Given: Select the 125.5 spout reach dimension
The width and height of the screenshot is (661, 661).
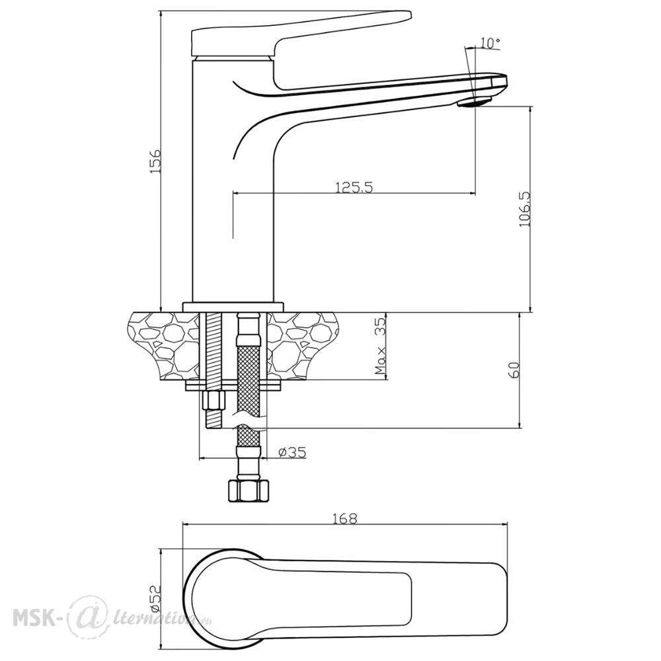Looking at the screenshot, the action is (x=354, y=187).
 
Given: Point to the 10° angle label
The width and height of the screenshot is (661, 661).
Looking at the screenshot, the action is (x=489, y=42).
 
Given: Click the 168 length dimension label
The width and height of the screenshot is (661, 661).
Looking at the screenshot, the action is (x=346, y=518).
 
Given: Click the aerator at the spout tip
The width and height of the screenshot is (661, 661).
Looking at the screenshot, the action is (x=475, y=102).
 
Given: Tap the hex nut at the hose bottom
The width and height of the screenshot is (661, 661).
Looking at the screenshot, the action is (x=248, y=490).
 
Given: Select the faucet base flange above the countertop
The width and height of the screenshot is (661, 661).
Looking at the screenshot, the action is (x=233, y=307).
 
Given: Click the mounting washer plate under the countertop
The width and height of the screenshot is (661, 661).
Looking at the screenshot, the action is (x=233, y=385).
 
